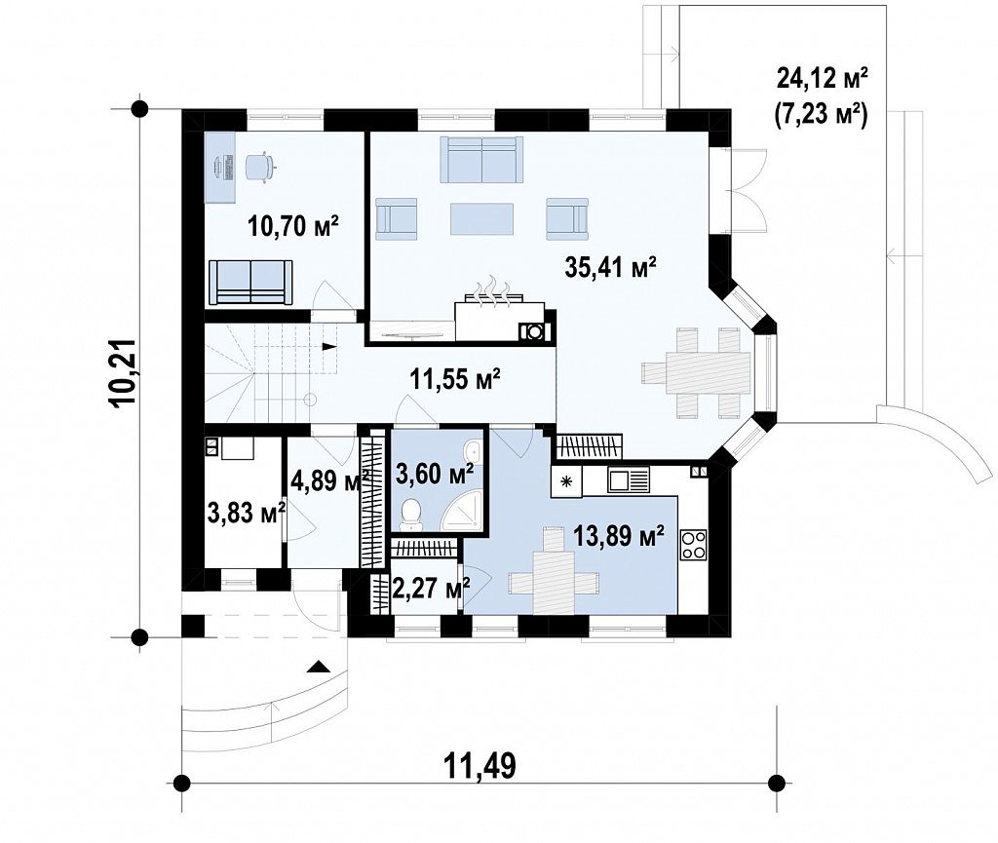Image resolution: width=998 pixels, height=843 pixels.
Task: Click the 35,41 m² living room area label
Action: (x=610, y=267)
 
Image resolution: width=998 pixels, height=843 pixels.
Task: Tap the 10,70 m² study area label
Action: (x=292, y=225)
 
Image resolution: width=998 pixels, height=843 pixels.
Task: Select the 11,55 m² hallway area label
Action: (x=454, y=379)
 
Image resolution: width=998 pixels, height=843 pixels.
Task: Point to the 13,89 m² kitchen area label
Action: (x=619, y=536)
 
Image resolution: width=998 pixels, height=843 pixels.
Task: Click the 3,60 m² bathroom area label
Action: (x=435, y=473)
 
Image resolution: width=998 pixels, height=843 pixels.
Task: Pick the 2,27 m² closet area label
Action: (x=431, y=588)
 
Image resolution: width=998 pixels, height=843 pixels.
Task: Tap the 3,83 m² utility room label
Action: (x=246, y=512)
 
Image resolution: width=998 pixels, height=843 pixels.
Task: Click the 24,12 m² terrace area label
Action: (x=823, y=80)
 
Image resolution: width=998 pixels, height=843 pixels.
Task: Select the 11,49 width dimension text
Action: (x=480, y=765)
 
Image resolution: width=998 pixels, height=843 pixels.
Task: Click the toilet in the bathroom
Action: (x=411, y=514)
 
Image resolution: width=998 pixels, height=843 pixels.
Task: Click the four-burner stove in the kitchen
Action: (x=693, y=545)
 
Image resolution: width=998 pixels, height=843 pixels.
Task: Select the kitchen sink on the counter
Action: (x=629, y=480)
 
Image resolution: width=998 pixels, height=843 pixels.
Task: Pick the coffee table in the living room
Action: (x=481, y=218)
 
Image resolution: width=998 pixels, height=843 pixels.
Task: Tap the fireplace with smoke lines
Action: (x=500, y=312)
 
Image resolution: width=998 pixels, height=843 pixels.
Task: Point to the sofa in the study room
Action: (x=250, y=282)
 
